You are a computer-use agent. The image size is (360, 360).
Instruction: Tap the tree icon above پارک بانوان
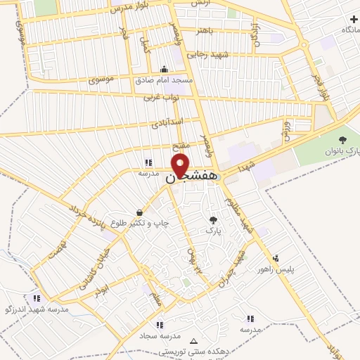[342, 140]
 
